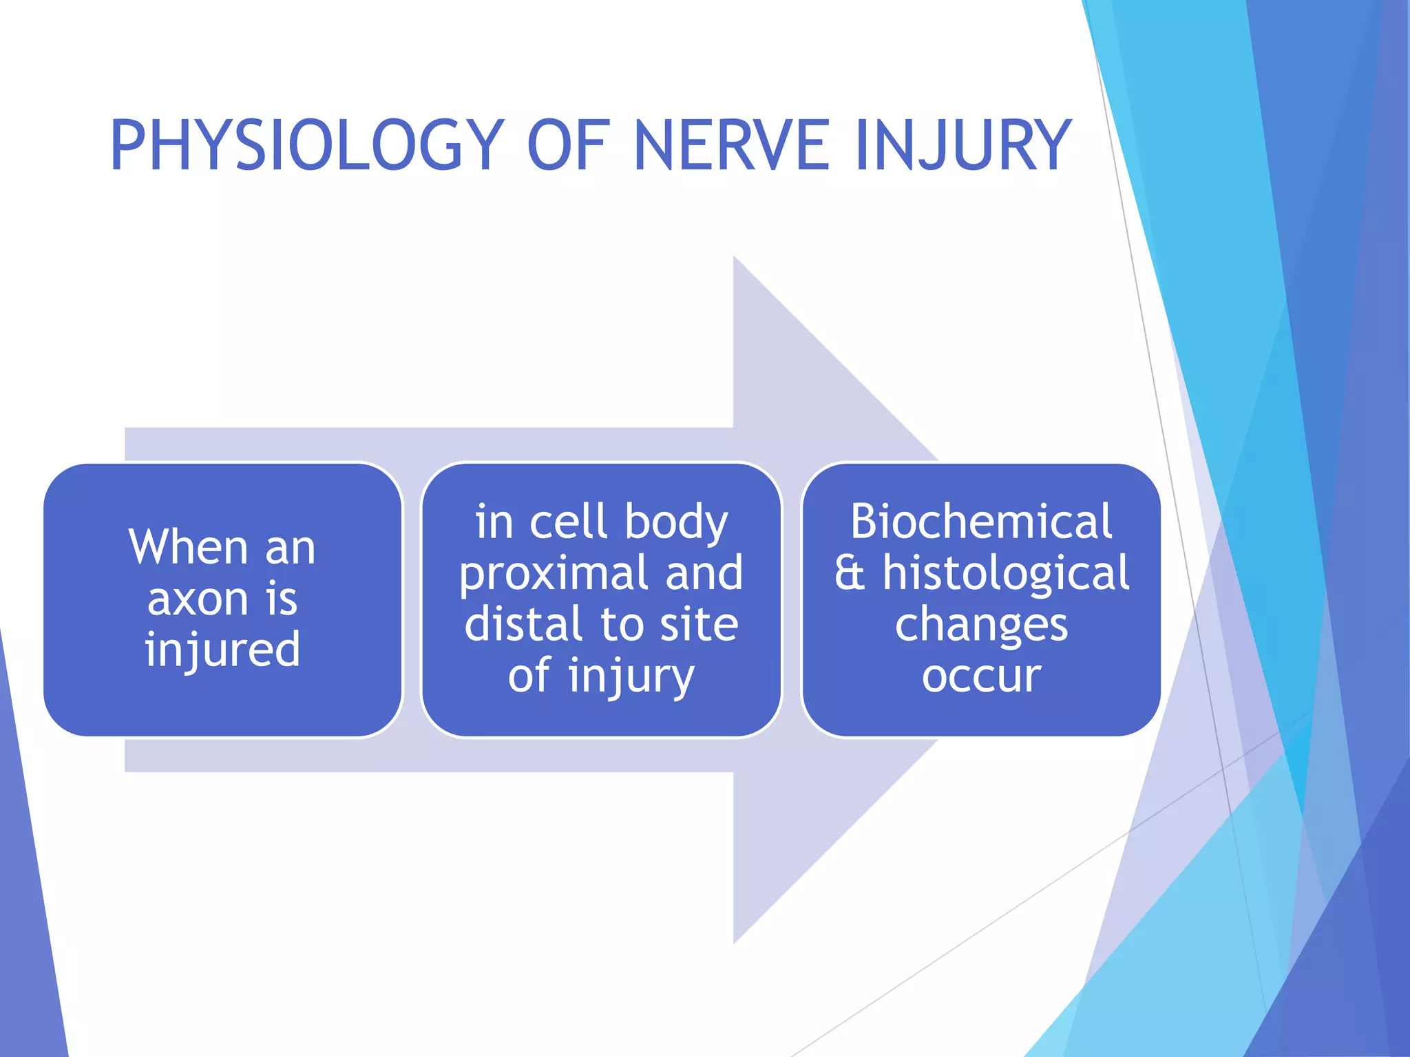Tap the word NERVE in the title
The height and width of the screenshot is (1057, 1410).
(731, 146)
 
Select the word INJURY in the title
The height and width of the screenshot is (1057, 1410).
(964, 146)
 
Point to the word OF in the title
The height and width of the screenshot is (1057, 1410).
(569, 146)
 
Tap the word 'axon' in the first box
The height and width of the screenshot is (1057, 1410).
(198, 599)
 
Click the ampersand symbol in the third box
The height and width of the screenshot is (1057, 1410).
(850, 574)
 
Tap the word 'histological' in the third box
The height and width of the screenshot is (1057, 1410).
(1006, 574)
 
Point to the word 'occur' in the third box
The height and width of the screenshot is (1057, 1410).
(981, 676)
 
